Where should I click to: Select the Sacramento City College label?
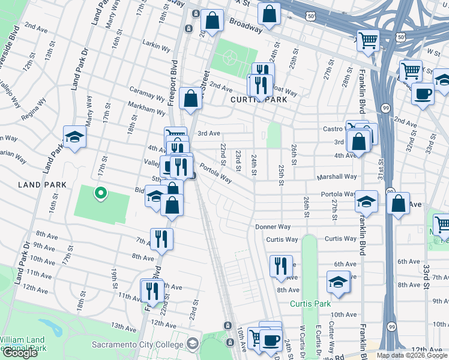coord(138,344)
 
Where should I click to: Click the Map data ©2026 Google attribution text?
coord(412,355)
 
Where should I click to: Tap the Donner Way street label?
coord(273,227)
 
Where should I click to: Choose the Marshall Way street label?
coord(337,176)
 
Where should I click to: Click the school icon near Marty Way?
coord(76,137)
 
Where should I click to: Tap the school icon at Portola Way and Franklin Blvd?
coord(366,201)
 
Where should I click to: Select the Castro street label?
coord(332,128)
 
